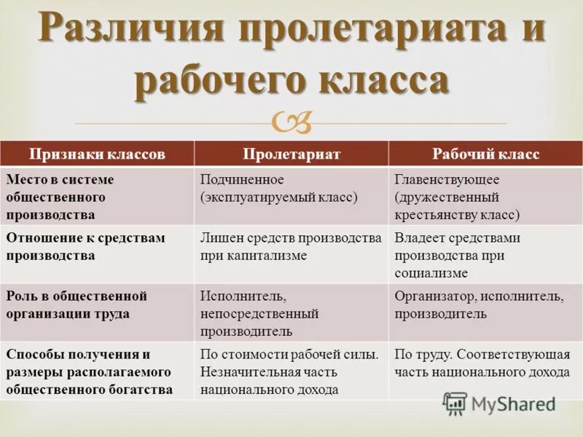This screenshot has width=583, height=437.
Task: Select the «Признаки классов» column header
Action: [x=97, y=154]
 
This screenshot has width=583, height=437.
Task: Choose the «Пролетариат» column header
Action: [x=291, y=154]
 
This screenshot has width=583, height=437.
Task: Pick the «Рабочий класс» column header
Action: [x=485, y=154]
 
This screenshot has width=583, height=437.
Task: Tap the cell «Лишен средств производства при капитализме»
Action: [x=291, y=246]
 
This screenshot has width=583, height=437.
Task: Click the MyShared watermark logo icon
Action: [x=455, y=403]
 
